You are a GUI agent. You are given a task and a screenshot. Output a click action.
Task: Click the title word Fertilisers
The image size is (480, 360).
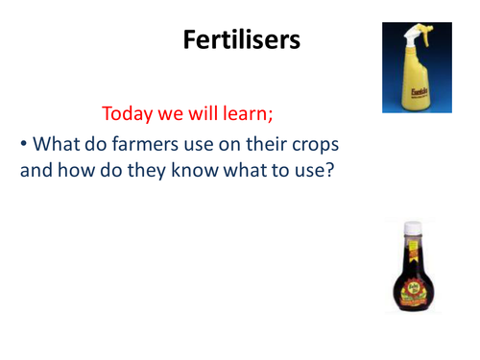238,39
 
